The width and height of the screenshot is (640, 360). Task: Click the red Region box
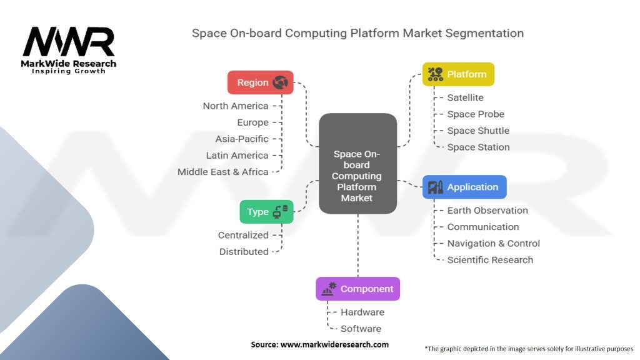(261, 82)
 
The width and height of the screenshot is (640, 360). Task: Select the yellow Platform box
(458, 74)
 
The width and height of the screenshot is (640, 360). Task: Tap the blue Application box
(464, 187)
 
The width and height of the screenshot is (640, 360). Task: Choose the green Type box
(266, 212)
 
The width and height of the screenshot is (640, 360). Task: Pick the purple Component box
(358, 289)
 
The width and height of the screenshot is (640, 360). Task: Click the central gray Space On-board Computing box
(358, 164)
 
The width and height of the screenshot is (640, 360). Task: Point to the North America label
(236, 106)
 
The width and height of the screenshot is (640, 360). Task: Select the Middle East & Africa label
(223, 172)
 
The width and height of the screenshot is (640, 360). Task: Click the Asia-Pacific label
(242, 139)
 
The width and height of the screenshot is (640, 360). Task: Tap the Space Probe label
(476, 114)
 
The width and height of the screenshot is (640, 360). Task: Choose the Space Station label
(478, 147)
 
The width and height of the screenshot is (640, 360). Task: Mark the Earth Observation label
(487, 210)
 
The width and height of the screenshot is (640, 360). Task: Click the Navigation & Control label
(494, 244)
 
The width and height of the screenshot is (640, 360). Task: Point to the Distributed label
(244, 252)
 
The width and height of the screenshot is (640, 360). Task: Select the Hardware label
(362, 312)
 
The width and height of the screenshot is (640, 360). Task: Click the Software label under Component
(361, 329)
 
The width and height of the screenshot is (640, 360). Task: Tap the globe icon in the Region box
(281, 82)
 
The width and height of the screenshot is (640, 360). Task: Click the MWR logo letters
(69, 42)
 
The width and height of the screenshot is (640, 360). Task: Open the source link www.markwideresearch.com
(334, 344)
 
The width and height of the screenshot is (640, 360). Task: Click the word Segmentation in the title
(484, 34)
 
